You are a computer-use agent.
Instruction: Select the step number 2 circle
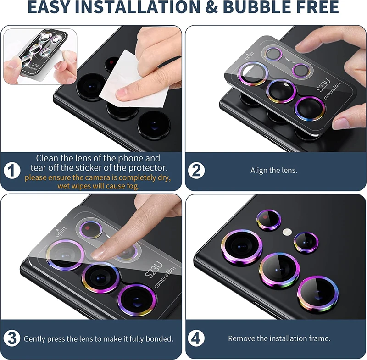(x=197, y=171)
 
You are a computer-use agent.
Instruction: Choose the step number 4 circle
(x=197, y=339)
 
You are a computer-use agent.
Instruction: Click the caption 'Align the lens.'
(x=274, y=171)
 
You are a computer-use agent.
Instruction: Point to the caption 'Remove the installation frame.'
(x=279, y=339)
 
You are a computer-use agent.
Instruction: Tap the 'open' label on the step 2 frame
(x=250, y=57)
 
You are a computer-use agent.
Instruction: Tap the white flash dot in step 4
(x=288, y=232)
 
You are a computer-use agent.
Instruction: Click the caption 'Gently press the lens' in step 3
(x=98, y=339)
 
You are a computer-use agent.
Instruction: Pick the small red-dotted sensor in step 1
(x=111, y=62)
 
